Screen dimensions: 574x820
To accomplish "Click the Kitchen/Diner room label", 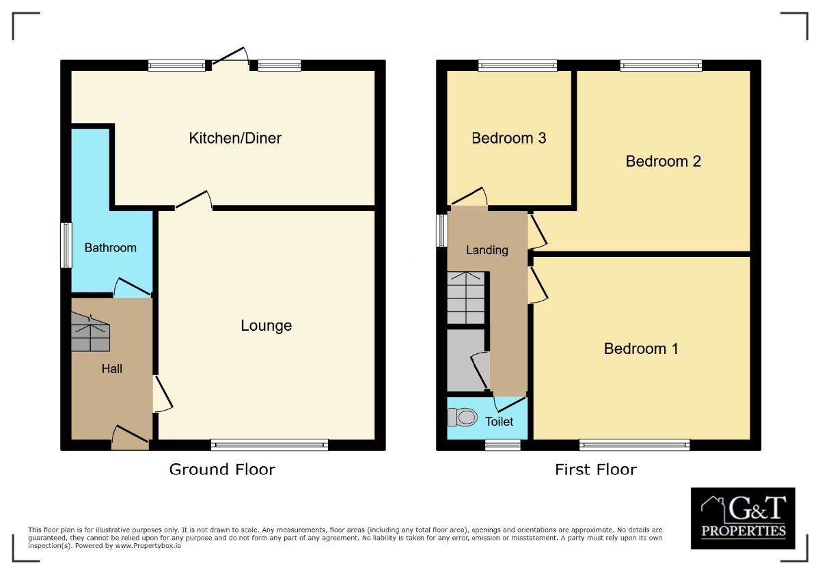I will [235, 138].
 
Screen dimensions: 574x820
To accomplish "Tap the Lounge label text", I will [266, 326].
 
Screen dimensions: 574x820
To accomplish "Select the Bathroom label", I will [110, 248].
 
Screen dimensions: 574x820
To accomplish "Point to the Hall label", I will [112, 369].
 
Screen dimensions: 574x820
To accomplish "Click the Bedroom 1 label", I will [641, 349].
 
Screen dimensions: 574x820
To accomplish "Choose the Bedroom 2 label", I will [663, 161].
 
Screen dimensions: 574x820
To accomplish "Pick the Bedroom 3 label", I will [508, 138].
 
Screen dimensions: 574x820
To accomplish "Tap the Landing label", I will [487, 250].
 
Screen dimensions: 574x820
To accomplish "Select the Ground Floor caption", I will [222, 469].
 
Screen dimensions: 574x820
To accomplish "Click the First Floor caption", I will [595, 469].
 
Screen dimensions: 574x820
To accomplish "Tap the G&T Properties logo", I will [743, 518].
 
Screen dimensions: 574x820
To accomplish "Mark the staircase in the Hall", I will [90, 333].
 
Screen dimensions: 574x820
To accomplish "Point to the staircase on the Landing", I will [466, 298].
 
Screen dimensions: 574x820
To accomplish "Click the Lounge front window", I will [269, 446].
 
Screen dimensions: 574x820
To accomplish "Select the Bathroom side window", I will [66, 245].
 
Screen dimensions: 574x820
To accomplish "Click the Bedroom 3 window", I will [517, 66].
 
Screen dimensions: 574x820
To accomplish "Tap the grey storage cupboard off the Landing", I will [465, 360].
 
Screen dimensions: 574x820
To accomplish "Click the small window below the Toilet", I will [502, 446].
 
